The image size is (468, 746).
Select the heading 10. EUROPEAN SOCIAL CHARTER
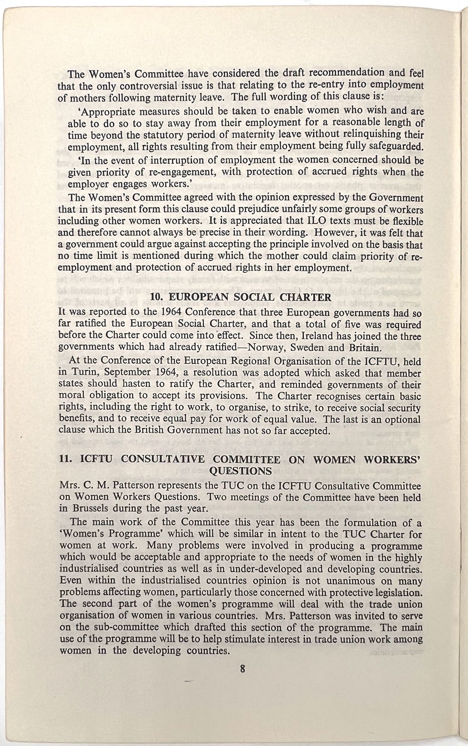click(240, 297)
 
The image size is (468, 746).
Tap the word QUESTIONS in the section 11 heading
click(241, 471)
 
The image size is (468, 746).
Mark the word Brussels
click(88, 508)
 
